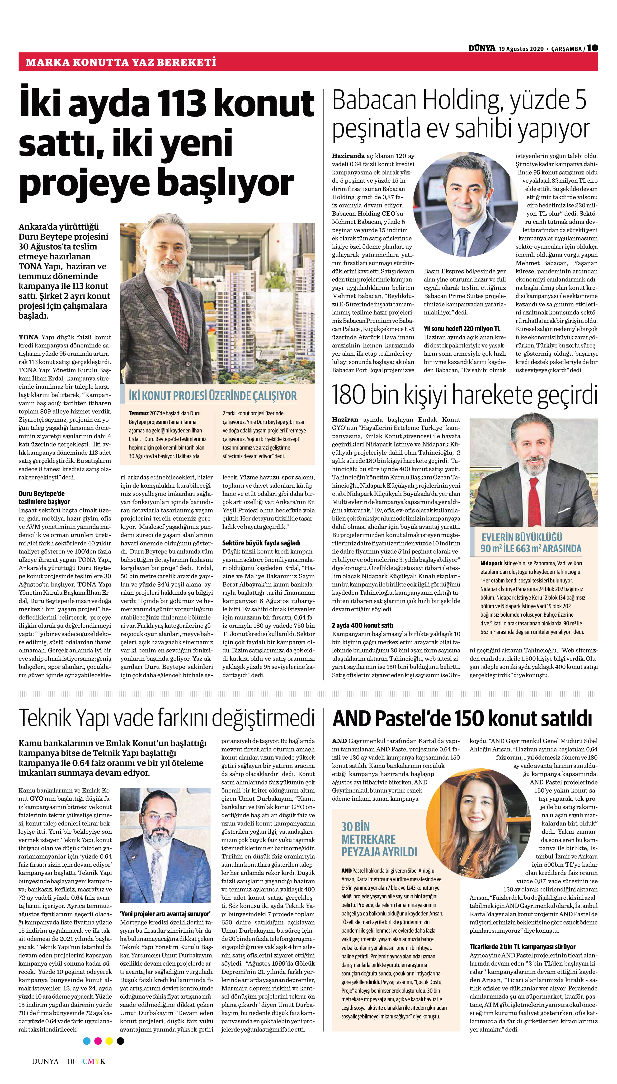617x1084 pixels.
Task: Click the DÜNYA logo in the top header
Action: point(482,48)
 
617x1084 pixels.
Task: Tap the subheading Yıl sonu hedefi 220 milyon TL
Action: point(462,329)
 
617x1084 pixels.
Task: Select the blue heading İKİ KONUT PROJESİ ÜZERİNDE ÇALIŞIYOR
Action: point(213,396)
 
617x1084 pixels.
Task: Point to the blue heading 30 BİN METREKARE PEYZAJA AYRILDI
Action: point(379,839)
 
